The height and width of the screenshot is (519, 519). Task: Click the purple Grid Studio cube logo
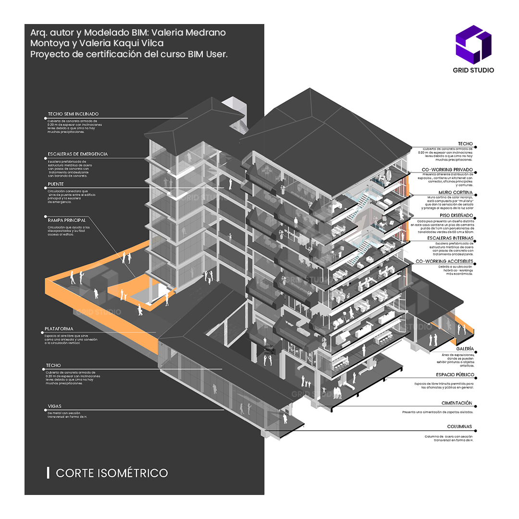(x=473, y=44)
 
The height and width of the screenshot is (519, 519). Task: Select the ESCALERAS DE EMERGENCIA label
(x=77, y=154)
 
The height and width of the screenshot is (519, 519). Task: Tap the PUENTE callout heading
(x=56, y=184)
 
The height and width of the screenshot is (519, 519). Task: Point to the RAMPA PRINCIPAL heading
(x=67, y=220)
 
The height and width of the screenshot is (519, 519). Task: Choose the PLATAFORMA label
(x=59, y=329)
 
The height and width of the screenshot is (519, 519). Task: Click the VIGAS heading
(x=54, y=406)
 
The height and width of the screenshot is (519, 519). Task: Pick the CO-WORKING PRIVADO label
(x=447, y=170)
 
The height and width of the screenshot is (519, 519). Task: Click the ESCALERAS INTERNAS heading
(x=450, y=238)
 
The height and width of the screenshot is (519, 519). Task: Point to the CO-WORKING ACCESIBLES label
(x=445, y=261)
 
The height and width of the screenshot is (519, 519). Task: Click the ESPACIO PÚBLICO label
(x=455, y=374)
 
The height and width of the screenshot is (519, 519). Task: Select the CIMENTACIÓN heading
(x=457, y=403)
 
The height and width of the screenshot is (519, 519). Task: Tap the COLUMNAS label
(x=459, y=426)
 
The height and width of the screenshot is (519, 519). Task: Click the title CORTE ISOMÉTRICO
(x=112, y=473)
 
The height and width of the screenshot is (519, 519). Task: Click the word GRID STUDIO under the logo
(x=473, y=70)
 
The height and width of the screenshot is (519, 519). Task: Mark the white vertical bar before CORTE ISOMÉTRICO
(x=48, y=472)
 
